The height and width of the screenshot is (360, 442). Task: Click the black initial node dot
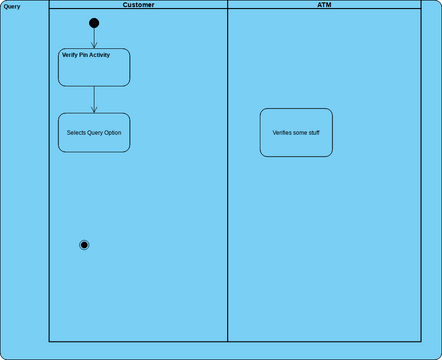[94, 23]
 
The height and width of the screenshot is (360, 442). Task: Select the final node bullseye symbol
[84, 245]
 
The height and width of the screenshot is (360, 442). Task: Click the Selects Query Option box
[94, 132]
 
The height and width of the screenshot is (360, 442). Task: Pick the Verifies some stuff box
[296, 132]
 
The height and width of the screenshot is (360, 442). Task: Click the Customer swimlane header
[138, 5]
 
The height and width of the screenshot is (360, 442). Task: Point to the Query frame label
[12, 6]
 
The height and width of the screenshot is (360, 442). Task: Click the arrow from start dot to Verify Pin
[94, 38]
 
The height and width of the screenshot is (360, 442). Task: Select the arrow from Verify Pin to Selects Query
[94, 99]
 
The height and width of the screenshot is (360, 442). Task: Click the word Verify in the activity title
[69, 55]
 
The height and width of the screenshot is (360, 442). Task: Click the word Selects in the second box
[77, 133]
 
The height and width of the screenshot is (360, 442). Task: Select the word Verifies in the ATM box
[284, 132]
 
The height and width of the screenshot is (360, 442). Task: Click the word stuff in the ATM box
[313, 132]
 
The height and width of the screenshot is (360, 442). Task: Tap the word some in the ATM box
[300, 132]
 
